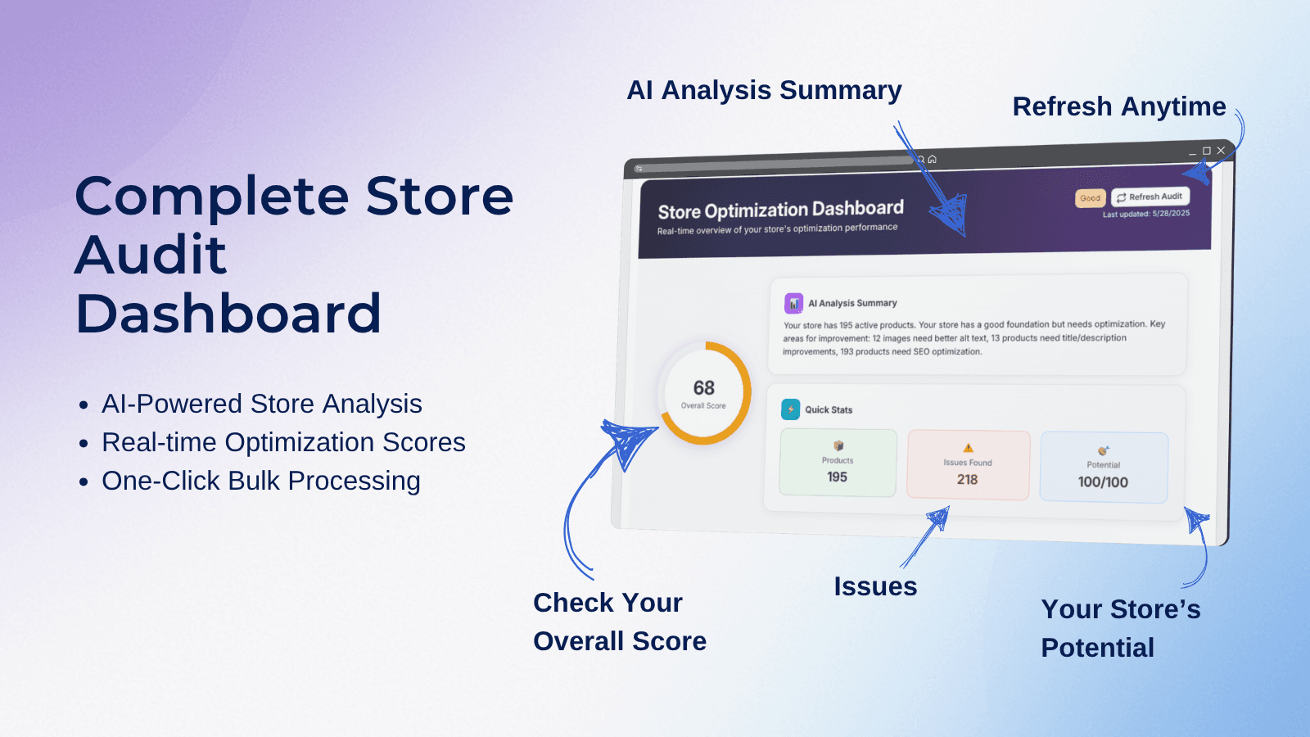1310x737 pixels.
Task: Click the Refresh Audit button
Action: tap(1150, 197)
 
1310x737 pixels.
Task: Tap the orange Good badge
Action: tap(1090, 198)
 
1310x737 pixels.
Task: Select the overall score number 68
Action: tap(704, 387)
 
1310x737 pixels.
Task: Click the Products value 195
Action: tap(837, 477)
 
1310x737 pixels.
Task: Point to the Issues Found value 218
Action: tap(967, 479)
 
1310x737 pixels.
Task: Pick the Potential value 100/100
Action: tap(1103, 482)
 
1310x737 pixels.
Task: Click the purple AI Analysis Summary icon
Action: tap(793, 303)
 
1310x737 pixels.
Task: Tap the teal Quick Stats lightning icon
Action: tap(790, 409)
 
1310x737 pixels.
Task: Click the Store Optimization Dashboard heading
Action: tap(780, 210)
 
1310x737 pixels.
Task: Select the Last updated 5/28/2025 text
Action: tap(1145, 214)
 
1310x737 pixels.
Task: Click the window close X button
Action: tap(1221, 151)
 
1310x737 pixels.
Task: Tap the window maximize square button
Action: tap(1206, 151)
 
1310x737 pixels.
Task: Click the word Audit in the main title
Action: tap(151, 255)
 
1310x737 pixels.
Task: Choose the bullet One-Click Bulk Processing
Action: tap(260, 481)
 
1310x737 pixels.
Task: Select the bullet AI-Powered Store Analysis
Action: tap(261, 404)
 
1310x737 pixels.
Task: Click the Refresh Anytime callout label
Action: tap(1118, 106)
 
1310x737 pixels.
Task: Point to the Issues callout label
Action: tap(875, 586)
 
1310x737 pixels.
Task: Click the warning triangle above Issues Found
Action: tap(968, 448)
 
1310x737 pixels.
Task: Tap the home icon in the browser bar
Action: tap(932, 159)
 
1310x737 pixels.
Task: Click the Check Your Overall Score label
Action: tap(619, 622)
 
